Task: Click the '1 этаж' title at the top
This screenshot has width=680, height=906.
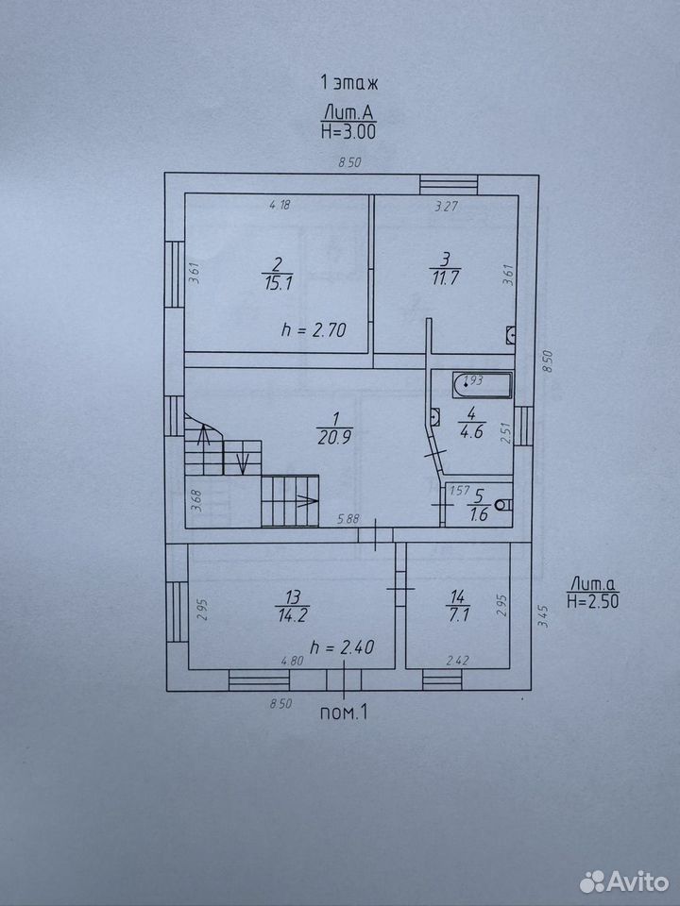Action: (x=349, y=83)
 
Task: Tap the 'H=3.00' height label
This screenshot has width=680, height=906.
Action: (x=348, y=132)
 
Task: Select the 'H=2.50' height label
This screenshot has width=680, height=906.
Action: (x=593, y=601)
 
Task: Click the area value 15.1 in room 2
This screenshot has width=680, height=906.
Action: (x=278, y=283)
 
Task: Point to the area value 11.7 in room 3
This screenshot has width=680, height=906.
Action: (x=445, y=277)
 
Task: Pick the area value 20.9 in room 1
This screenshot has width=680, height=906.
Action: (x=334, y=438)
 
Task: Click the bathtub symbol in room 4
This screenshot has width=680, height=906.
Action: (x=483, y=385)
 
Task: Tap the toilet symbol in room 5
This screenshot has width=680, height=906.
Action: (x=504, y=504)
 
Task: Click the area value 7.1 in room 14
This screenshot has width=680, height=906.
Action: (x=457, y=614)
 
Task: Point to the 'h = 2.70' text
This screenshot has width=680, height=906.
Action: (x=314, y=330)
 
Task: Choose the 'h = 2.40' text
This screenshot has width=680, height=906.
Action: (x=342, y=646)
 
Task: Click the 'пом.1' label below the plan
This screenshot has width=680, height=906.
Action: (x=344, y=713)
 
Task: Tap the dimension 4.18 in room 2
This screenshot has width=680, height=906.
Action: (x=280, y=204)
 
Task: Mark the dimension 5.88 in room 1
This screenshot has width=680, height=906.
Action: (x=348, y=519)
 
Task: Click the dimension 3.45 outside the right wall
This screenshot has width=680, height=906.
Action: (x=542, y=616)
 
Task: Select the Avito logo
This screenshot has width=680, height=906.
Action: (x=624, y=881)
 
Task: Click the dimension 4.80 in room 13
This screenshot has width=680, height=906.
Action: (x=292, y=661)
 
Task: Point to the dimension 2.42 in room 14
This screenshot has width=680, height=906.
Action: (x=457, y=660)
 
